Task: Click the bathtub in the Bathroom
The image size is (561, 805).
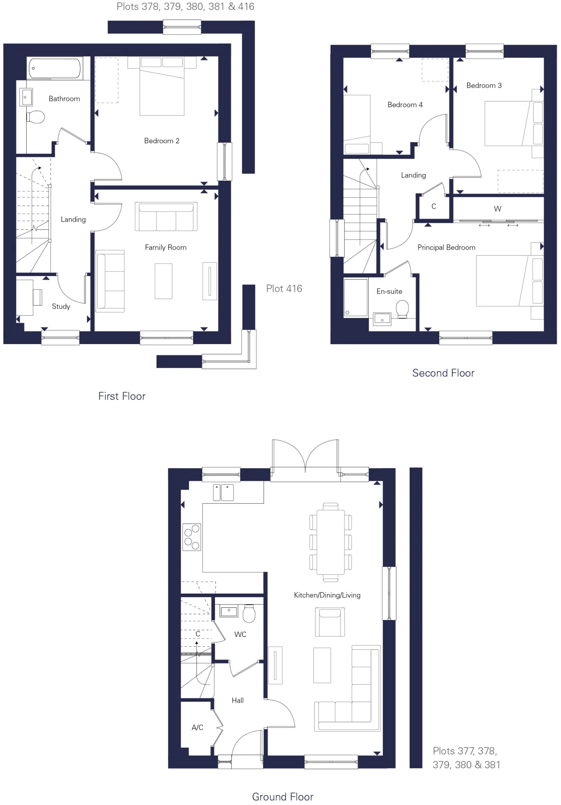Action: [55, 68]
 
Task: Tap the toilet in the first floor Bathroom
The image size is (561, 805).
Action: [35, 117]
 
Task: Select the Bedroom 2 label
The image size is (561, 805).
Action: [162, 141]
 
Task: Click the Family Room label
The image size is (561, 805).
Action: [166, 248]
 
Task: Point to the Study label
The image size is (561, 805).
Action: [61, 307]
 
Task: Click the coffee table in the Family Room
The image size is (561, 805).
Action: [163, 281]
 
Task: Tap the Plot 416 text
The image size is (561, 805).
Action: [284, 289]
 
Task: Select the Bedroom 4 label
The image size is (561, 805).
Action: [405, 105]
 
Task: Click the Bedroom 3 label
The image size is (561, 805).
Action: [484, 85]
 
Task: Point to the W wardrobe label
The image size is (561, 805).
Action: [498, 209]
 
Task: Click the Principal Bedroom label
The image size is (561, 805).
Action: [447, 248]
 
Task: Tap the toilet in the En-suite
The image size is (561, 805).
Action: [402, 310]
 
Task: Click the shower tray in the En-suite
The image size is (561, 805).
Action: [356, 297]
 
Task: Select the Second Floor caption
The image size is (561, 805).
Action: [443, 373]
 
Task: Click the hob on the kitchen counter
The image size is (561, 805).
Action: [192, 537]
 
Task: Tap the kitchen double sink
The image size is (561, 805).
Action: [223, 493]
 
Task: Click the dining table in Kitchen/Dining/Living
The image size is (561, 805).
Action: [330, 542]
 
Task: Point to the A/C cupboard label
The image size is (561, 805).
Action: [198, 728]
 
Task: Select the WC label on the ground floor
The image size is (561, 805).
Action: [240, 635]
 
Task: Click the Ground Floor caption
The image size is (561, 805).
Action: [283, 797]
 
